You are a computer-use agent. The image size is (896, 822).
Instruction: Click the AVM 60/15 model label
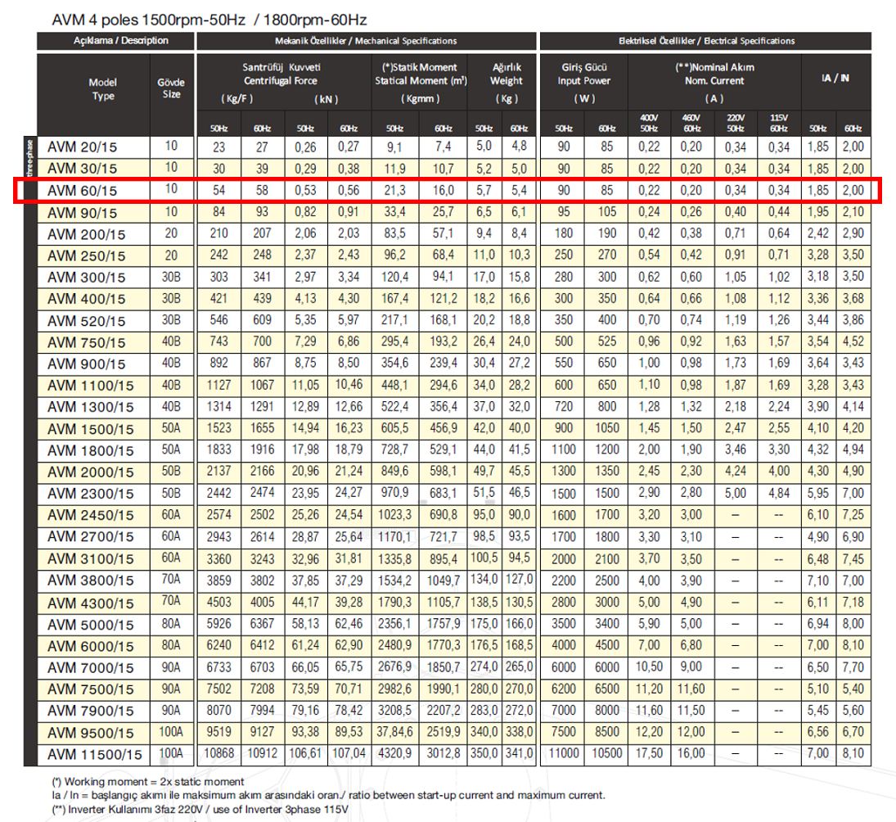[x=83, y=191]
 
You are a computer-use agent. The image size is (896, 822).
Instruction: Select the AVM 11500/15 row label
[x=94, y=753]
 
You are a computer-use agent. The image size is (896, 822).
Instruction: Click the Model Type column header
[x=103, y=89]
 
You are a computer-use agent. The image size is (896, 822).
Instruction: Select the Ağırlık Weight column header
[x=506, y=74]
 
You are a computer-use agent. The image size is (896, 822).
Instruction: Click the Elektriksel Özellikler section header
[x=705, y=40]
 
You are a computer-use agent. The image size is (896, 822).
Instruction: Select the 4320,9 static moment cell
[x=394, y=753]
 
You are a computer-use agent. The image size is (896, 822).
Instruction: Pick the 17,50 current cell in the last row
[x=647, y=753]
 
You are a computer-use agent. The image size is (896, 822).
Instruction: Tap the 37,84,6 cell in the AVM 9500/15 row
[x=394, y=731]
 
